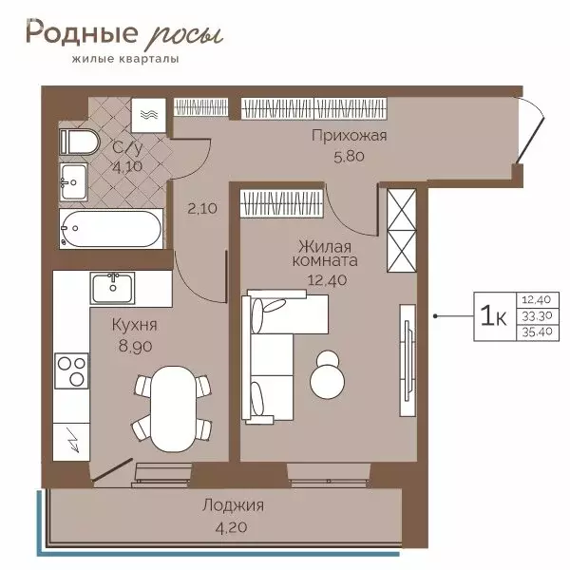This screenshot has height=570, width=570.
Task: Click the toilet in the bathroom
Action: click(x=78, y=142)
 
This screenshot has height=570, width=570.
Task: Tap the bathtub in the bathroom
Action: click(x=112, y=229)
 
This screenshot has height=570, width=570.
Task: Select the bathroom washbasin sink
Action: click(x=72, y=180)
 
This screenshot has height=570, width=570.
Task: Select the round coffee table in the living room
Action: click(x=328, y=373)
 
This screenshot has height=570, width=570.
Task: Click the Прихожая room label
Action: click(x=350, y=135)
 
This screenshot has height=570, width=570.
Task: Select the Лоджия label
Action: click(x=233, y=504)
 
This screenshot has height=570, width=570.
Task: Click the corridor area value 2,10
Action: click(x=199, y=208)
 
